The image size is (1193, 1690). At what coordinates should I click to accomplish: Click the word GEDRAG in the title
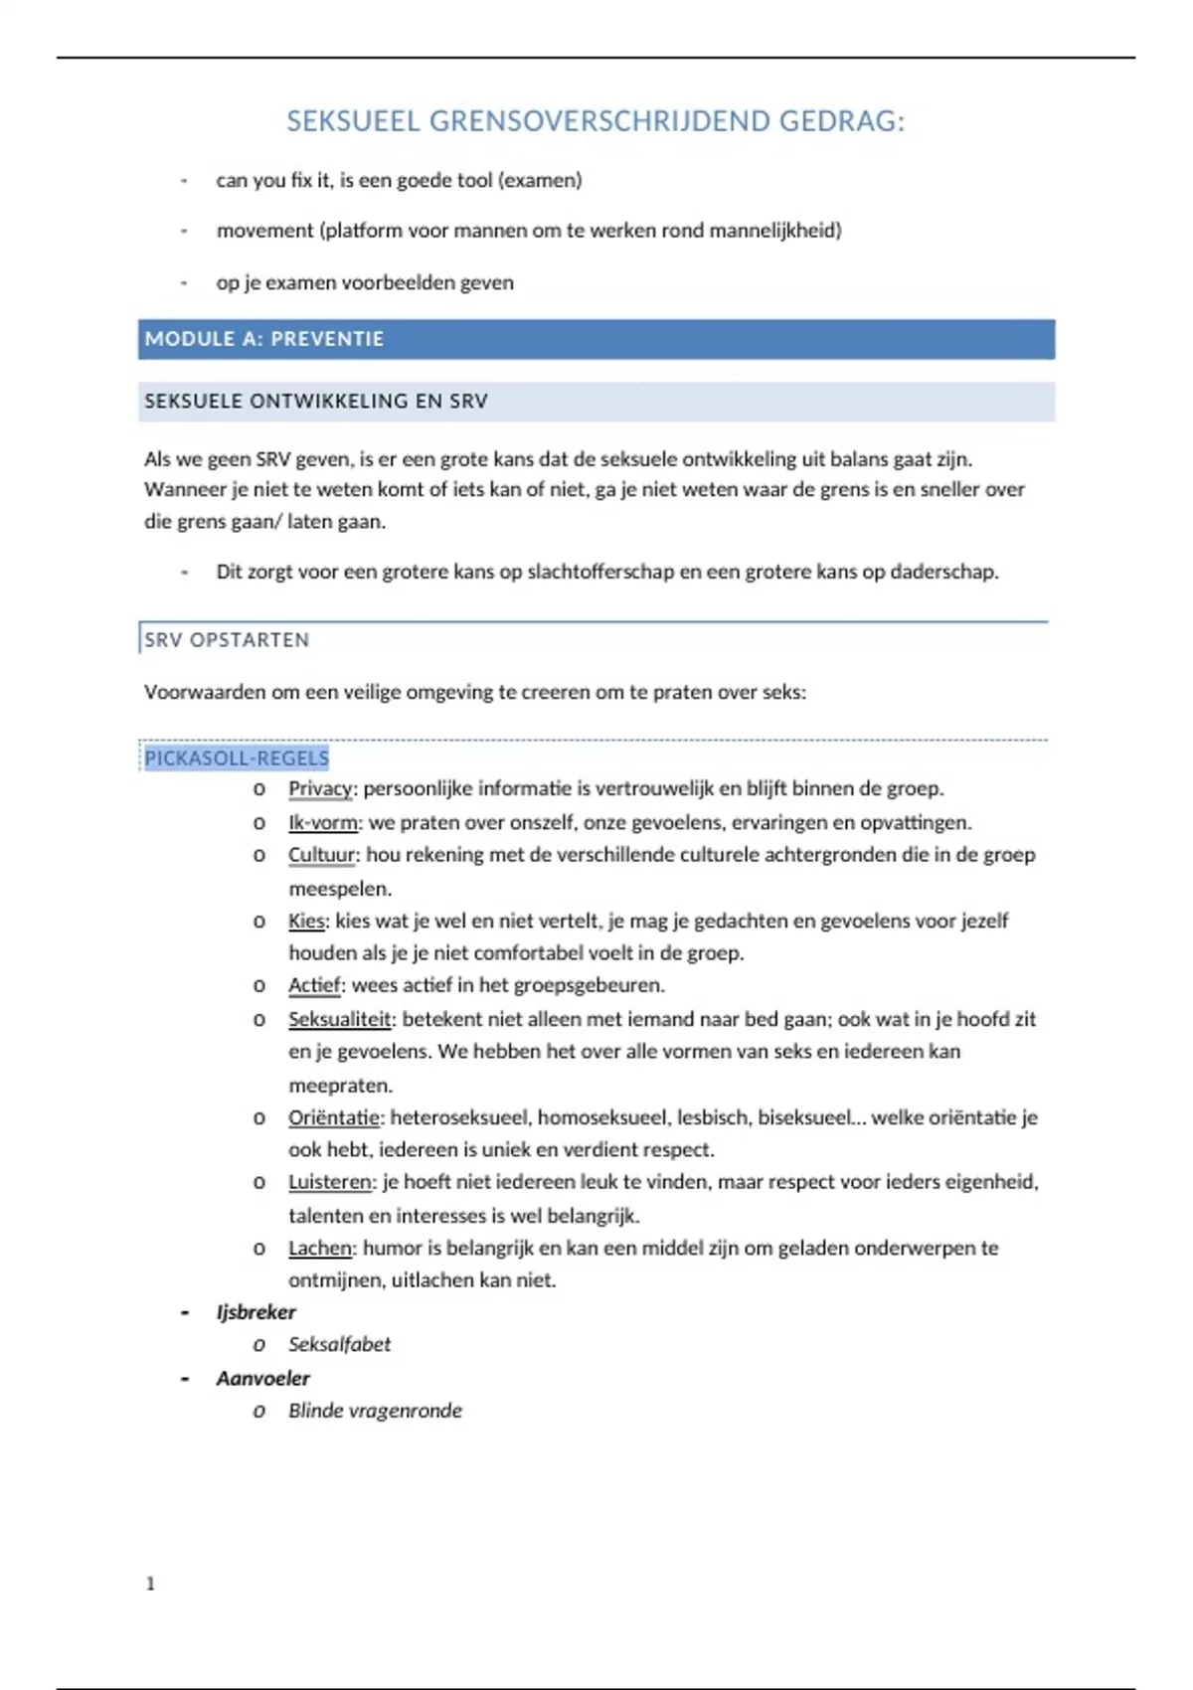pyautogui.click(x=841, y=121)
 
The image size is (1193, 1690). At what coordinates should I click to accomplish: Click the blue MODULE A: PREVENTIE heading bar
pyautogui.click(x=596, y=339)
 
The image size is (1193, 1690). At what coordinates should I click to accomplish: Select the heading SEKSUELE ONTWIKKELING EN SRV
pyautogui.click(x=316, y=402)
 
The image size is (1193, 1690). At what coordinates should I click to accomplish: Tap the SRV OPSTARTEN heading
pyautogui.click(x=227, y=640)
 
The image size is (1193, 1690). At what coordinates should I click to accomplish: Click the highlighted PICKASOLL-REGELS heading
pyautogui.click(x=237, y=759)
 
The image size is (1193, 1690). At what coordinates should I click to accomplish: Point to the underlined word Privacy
pyautogui.click(x=320, y=788)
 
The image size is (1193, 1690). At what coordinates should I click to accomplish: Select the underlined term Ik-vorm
pyautogui.click(x=324, y=822)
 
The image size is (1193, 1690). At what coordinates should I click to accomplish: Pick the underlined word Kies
pyautogui.click(x=306, y=921)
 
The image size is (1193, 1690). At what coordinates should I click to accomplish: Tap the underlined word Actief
pyautogui.click(x=314, y=985)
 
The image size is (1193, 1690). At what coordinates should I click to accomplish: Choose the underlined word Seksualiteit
pyautogui.click(x=341, y=1019)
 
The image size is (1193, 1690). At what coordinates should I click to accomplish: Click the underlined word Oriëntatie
pyautogui.click(x=334, y=1117)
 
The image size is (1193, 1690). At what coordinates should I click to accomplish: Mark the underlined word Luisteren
pyautogui.click(x=330, y=1182)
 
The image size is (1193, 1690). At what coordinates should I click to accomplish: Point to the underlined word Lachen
pyautogui.click(x=320, y=1248)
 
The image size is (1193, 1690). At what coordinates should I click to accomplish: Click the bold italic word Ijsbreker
pyautogui.click(x=256, y=1312)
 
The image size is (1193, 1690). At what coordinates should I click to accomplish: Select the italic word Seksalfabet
pyautogui.click(x=339, y=1344)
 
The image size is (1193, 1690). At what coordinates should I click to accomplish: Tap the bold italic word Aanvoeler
pyautogui.click(x=263, y=1378)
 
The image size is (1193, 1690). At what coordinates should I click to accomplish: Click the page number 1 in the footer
pyautogui.click(x=150, y=1584)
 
